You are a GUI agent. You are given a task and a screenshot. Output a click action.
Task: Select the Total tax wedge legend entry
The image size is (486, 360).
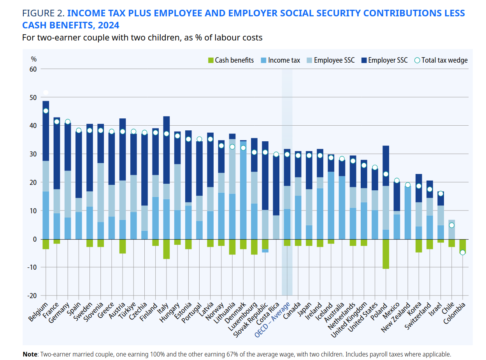[440, 60]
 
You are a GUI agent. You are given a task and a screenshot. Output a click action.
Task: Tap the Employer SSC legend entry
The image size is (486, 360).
[384, 60]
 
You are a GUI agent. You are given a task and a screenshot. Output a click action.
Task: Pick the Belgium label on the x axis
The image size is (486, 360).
[39, 311]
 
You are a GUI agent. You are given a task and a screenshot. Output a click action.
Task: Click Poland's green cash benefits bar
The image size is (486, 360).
[386, 254]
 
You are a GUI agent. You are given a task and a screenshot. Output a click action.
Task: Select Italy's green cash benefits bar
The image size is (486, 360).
[167, 249]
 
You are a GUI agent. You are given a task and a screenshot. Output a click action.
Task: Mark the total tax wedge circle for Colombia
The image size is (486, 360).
[462, 252]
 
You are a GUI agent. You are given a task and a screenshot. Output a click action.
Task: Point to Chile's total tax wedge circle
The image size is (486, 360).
[451, 225]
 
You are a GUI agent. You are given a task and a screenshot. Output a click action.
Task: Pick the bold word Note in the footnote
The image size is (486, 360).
[30, 355]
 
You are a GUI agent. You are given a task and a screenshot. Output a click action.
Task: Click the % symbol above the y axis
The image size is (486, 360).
[34, 59]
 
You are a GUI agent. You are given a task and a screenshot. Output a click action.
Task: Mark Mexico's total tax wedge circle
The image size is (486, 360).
[397, 181]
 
